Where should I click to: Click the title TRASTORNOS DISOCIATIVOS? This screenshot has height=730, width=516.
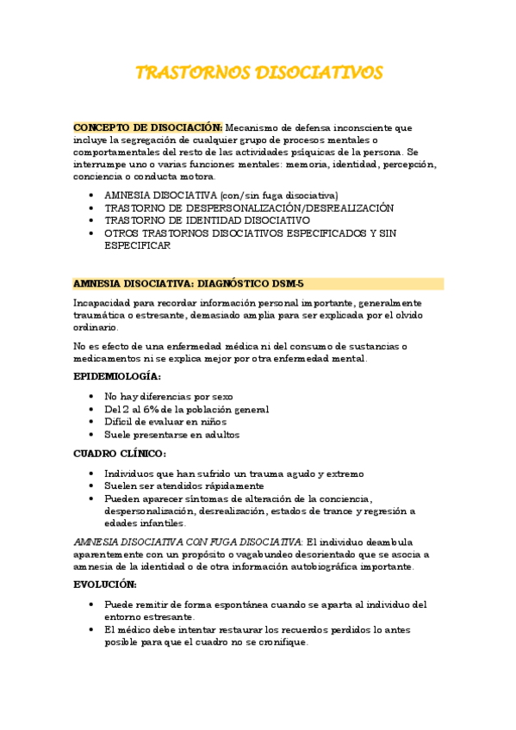[258, 72]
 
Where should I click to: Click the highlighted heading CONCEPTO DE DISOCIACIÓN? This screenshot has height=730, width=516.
[147, 127]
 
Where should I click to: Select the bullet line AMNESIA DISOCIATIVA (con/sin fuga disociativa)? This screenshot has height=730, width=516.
[221, 195]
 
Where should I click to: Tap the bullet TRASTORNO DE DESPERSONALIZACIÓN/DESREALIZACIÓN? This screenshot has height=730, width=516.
[248, 207]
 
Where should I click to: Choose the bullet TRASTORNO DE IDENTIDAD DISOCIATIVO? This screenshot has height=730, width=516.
[207, 220]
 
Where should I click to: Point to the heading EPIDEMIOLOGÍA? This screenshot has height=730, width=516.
[116, 376]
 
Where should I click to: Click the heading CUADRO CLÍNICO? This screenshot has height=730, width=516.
[120, 454]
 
